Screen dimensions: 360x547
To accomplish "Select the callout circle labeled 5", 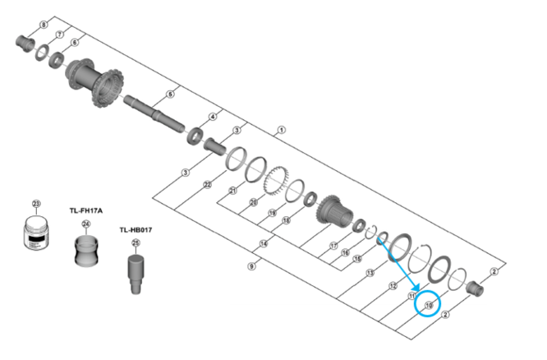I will [169, 94].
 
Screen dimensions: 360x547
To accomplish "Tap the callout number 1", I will [281, 130].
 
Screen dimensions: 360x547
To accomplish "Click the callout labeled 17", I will [333, 246].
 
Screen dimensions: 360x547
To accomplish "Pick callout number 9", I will [251, 266].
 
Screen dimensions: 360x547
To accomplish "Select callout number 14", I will [264, 243].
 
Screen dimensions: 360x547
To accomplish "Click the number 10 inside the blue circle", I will [428, 304].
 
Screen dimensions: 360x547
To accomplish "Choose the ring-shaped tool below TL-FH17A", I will [85, 250].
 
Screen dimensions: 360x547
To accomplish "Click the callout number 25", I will [136, 242].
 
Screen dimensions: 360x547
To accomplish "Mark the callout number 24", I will [85, 224].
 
